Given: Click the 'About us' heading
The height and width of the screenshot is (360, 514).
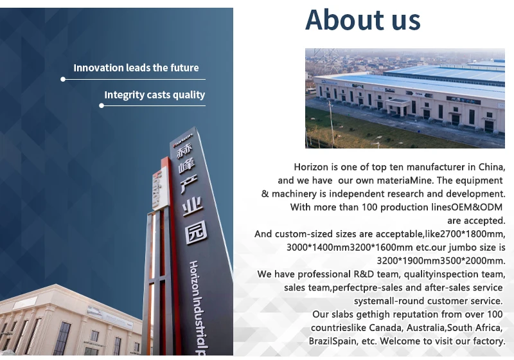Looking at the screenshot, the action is (x=362, y=20).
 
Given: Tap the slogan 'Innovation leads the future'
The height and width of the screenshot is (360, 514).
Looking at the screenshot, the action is (x=136, y=68).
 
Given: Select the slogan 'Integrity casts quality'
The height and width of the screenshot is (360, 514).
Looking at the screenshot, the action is (x=154, y=94).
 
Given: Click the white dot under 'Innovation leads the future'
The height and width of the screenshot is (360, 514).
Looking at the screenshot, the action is (x=63, y=79).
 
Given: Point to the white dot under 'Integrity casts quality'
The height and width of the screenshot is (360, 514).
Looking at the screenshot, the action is (x=102, y=105).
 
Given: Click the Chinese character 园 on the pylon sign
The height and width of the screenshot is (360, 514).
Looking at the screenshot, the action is (x=196, y=232).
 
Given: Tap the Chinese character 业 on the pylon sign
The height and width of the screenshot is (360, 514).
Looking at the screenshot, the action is (x=192, y=206).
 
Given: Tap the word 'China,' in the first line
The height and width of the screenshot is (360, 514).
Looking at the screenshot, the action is (x=492, y=167).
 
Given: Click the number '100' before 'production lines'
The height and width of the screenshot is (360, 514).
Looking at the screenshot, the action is (x=369, y=207).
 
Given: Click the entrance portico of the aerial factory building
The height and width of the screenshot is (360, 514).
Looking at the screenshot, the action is (x=398, y=107).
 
